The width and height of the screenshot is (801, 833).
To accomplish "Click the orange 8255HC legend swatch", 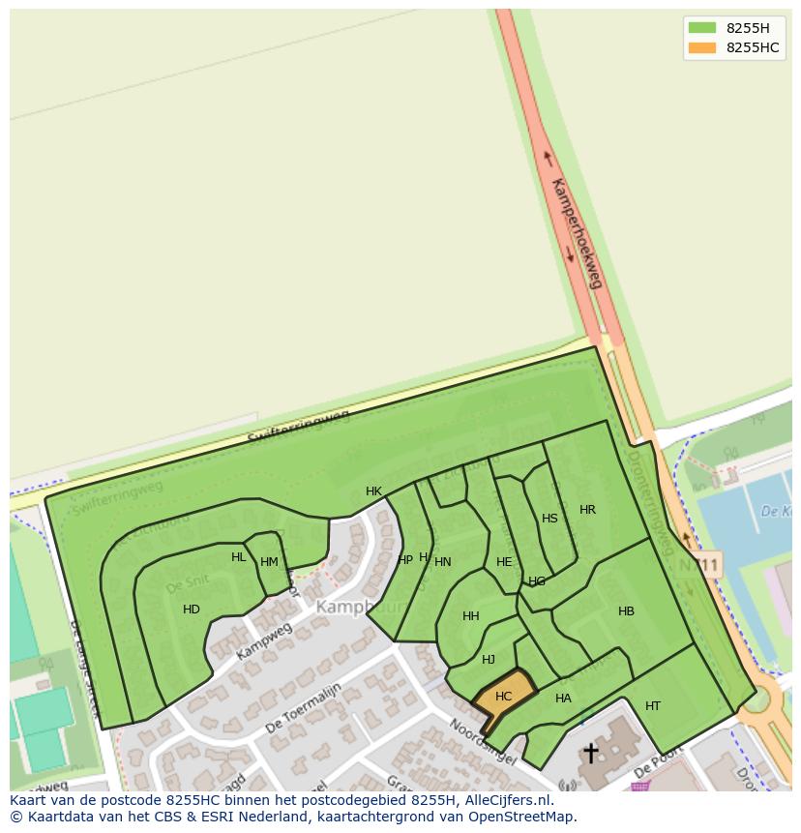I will pyautogui.click(x=702, y=47).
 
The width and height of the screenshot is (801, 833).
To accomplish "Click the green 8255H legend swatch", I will pyautogui.click(x=702, y=28).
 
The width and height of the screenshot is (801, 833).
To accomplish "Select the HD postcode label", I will pyautogui.click(x=192, y=610).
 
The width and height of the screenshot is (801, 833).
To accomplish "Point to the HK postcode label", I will pyautogui.click(x=374, y=491).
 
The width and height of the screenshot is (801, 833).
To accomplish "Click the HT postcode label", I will pyautogui.click(x=653, y=706).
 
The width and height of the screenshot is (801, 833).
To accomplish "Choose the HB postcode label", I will pyautogui.click(x=626, y=611).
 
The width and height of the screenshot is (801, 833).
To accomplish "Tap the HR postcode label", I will pyautogui.click(x=587, y=510).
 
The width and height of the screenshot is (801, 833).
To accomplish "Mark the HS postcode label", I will pyautogui.click(x=549, y=519).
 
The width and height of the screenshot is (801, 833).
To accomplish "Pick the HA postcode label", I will pyautogui.click(x=563, y=699).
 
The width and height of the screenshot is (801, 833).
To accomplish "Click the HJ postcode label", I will pyautogui.click(x=489, y=660).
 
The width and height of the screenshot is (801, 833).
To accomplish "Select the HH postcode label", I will pyautogui.click(x=471, y=616).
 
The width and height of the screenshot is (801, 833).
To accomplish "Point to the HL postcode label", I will pyautogui.click(x=239, y=557).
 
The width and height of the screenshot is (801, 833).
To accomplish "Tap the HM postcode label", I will pyautogui.click(x=269, y=562).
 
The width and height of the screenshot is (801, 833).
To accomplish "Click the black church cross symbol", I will pyautogui.click(x=590, y=752).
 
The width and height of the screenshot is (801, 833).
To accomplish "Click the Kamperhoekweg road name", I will pyautogui.click(x=577, y=233).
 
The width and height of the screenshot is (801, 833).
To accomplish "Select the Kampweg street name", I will pyautogui.click(x=263, y=641).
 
